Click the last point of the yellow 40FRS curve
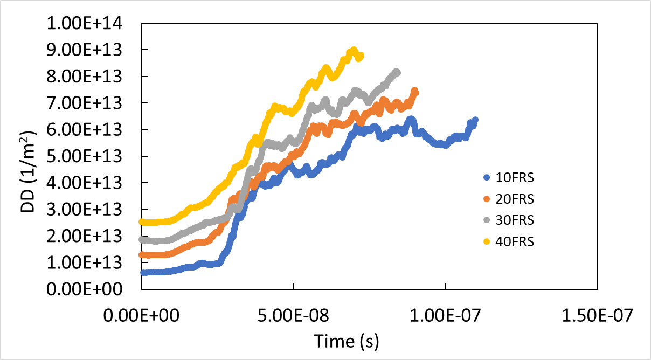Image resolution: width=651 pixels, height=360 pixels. [361, 56]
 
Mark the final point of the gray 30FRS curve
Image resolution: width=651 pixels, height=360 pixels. [397, 72]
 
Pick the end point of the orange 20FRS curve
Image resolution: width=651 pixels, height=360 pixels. [415, 92]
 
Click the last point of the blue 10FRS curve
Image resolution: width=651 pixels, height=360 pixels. [475, 120]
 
